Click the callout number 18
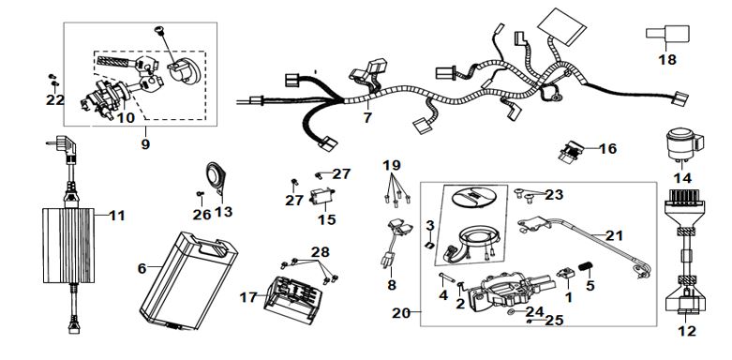pos(667,60)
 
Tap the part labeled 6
pos(188,280)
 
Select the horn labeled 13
pos(217,178)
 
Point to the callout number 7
pos(367,118)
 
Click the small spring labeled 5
pos(586,267)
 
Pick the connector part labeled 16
pos(571,151)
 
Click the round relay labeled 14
pos(683,145)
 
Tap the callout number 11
pos(117,216)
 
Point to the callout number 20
pos(401,313)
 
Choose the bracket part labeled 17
pos(292,299)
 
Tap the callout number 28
pos(321,252)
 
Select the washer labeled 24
pos(512,311)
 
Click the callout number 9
pos(145,144)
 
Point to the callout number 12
pos(687,331)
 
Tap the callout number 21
pos(614,236)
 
